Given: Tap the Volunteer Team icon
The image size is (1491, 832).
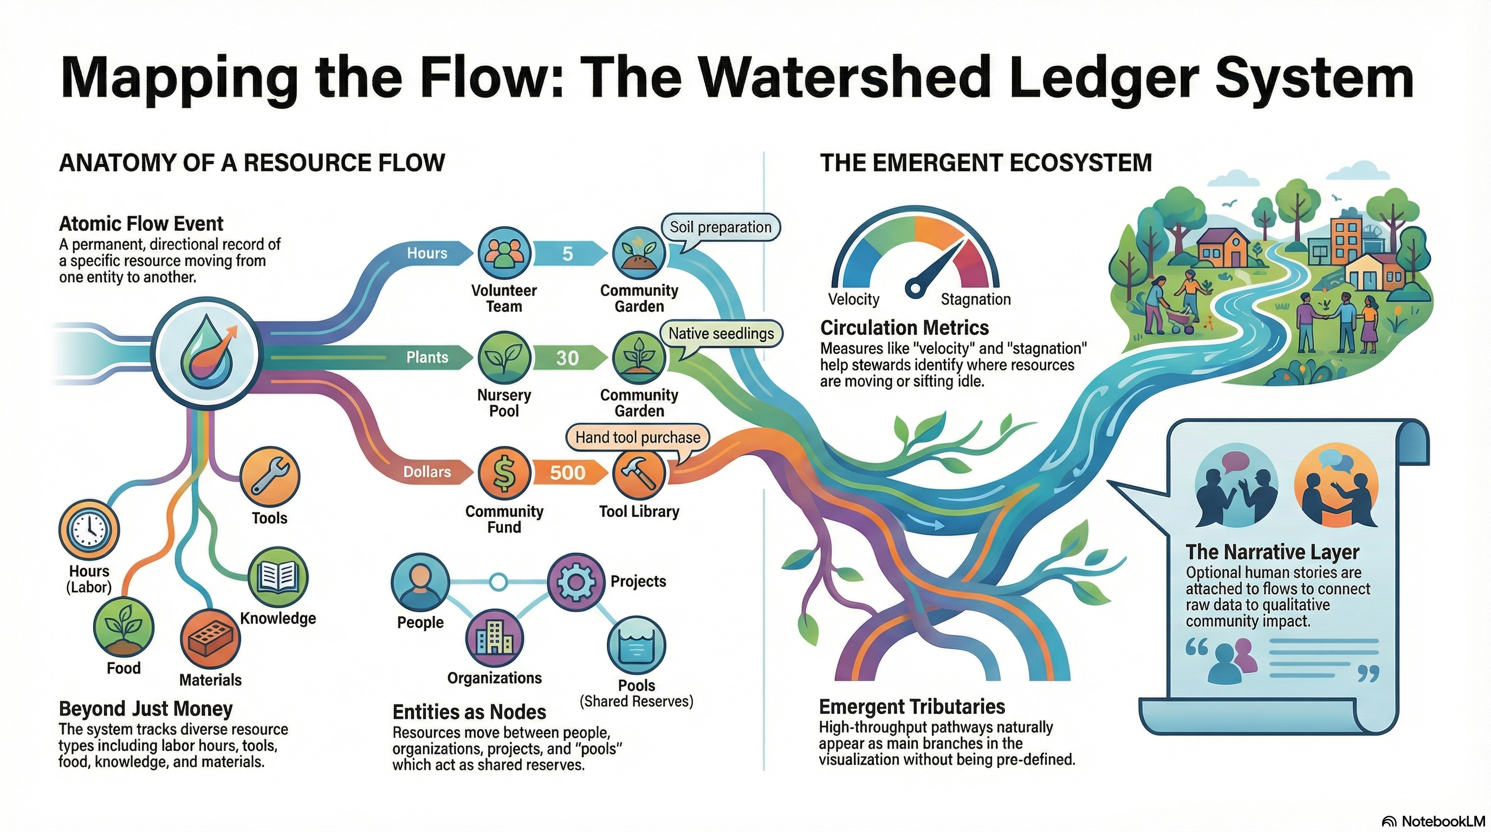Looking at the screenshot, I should (x=503, y=253).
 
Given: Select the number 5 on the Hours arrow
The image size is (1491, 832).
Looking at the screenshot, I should (x=567, y=253).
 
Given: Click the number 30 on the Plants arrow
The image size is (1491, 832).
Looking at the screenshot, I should (x=567, y=357).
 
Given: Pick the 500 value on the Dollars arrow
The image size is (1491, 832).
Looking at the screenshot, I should (x=567, y=473).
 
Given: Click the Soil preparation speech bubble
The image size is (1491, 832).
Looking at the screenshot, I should (x=720, y=227).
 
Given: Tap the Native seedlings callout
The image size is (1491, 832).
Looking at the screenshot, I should (x=721, y=334).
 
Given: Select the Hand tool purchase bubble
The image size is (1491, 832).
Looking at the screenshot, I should (x=637, y=438).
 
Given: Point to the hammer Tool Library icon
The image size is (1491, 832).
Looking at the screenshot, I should (x=639, y=473).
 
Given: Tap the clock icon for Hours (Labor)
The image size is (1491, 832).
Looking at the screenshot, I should (x=89, y=530).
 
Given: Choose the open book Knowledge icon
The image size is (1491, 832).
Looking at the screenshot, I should (x=278, y=577).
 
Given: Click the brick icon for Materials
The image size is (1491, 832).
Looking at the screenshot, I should (x=210, y=640).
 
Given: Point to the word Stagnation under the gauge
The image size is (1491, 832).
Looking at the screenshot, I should (x=975, y=299).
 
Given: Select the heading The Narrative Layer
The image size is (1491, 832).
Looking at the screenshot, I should (x=1272, y=552).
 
